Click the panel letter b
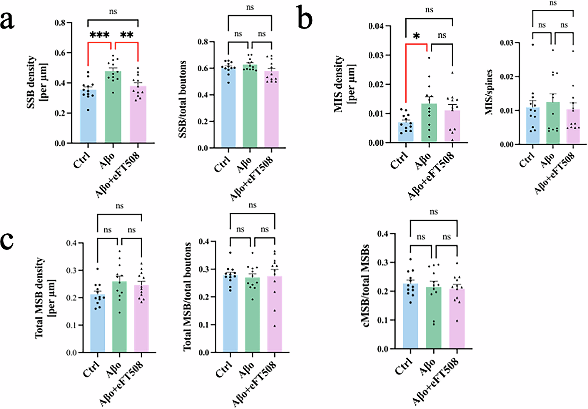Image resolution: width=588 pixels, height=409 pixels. coord(305,18)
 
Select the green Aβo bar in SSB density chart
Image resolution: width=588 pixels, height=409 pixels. coord(113,112)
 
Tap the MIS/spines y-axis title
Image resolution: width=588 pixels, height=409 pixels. coord(489,92)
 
